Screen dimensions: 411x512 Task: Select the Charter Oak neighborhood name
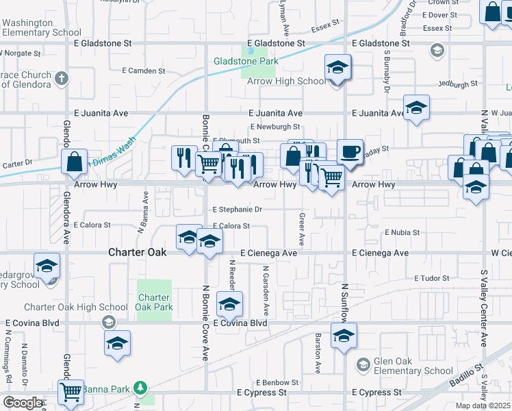(137, 252)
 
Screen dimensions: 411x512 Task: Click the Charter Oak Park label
(153, 302)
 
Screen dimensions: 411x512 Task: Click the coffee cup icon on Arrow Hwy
(350, 152)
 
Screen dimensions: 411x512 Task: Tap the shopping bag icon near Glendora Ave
(74, 162)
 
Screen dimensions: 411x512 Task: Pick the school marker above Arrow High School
(336, 67)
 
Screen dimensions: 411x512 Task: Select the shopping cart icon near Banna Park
(71, 392)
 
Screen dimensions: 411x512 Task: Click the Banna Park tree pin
(140, 388)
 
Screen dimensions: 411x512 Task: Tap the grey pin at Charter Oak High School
(107, 321)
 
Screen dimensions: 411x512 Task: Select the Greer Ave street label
(302, 229)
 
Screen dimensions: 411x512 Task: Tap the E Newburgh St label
(275, 127)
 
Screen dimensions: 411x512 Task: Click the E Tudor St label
(431, 278)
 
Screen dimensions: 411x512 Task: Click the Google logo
(22, 402)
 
